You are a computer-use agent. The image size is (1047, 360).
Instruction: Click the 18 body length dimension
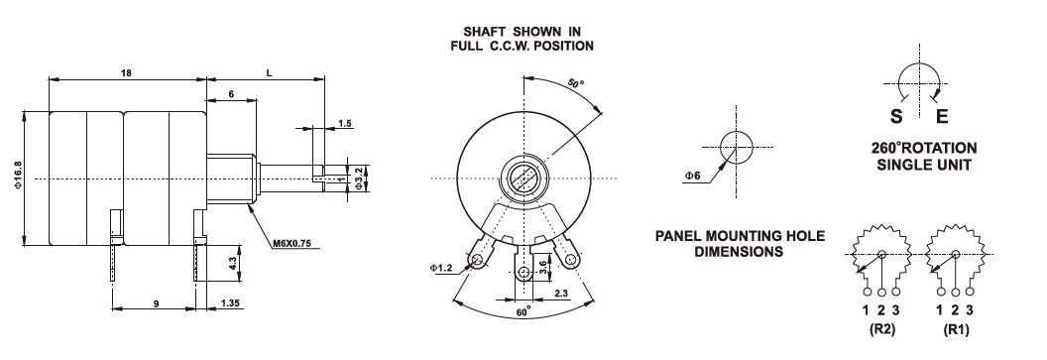[126, 72]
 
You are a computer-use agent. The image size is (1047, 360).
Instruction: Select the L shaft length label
[269, 72]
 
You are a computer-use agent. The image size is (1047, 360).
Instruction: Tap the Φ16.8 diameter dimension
[19, 176]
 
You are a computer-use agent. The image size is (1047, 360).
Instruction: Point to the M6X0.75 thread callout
[291, 243]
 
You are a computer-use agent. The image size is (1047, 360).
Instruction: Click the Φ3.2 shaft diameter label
[359, 179]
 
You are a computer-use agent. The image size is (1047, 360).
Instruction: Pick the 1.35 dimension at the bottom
[230, 303]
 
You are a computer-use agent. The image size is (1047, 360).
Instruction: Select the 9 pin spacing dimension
[156, 303]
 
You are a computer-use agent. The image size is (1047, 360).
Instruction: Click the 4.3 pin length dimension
[232, 263]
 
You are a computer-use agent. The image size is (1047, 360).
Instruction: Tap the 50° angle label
[576, 83]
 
